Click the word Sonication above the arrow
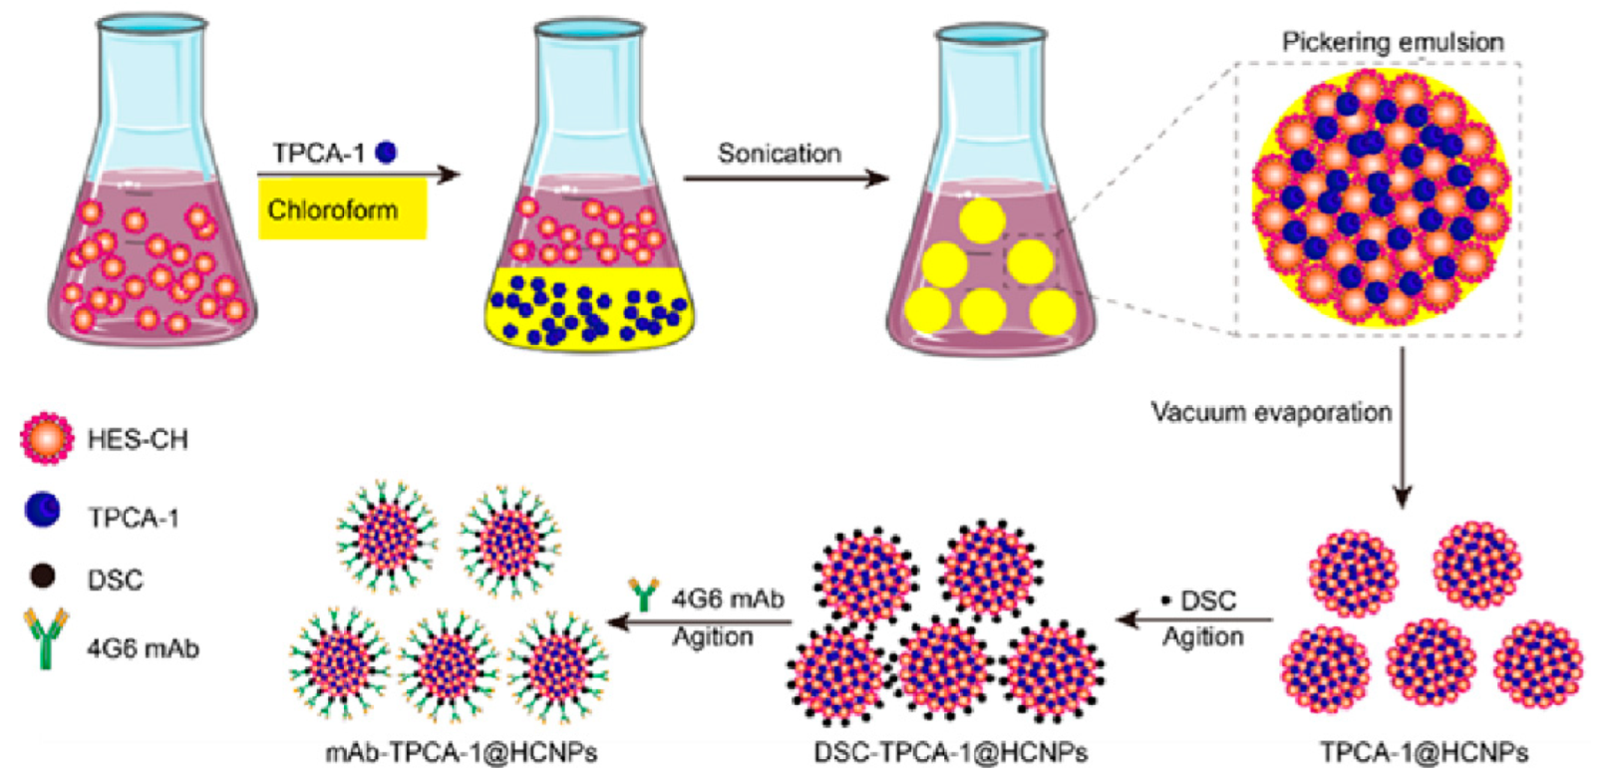tap(779, 154)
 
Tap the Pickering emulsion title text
tap(1392, 42)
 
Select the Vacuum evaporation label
tap(1271, 412)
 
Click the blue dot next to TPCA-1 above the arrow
tap(386, 153)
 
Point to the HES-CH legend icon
tap(46, 439)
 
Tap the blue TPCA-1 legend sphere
tap(42, 512)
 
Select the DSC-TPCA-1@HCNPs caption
tap(950, 752)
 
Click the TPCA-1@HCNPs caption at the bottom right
tap(1424, 752)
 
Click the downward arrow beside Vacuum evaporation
tap(1402, 429)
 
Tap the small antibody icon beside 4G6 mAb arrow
tap(645, 595)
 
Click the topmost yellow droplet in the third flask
tap(981, 220)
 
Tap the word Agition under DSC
tap(1202, 636)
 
